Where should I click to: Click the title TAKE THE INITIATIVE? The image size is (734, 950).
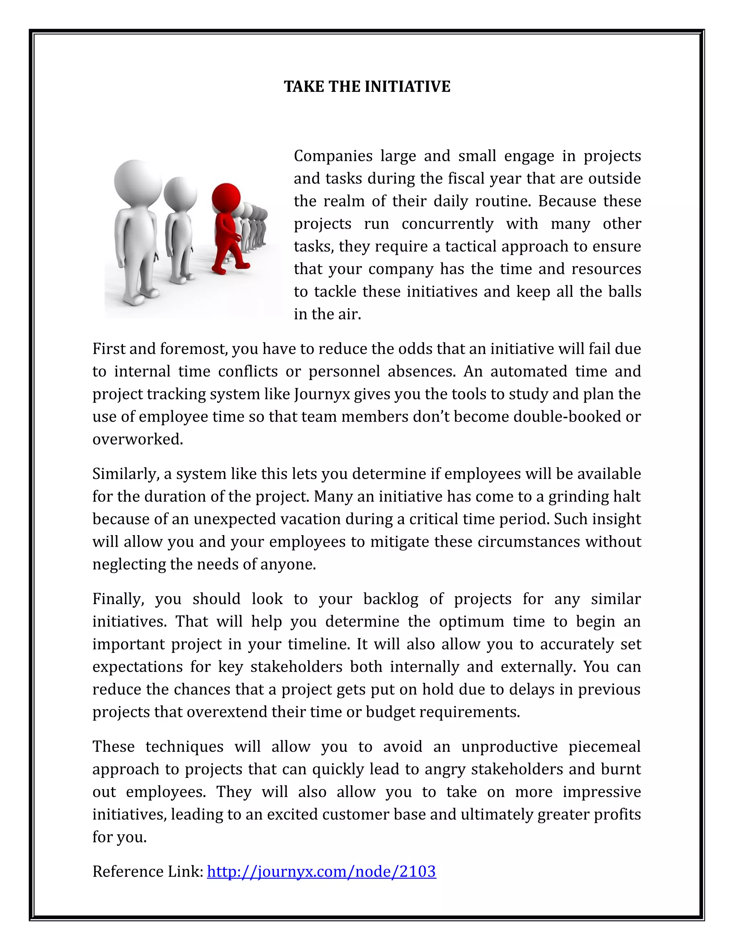pos(367,86)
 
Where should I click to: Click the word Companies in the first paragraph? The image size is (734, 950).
pos(333,156)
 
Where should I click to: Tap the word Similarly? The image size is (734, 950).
pos(125,474)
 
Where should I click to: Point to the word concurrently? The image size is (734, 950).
pos(447,224)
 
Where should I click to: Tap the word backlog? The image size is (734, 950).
pos(391,599)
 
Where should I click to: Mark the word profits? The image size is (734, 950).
pos(618,814)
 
